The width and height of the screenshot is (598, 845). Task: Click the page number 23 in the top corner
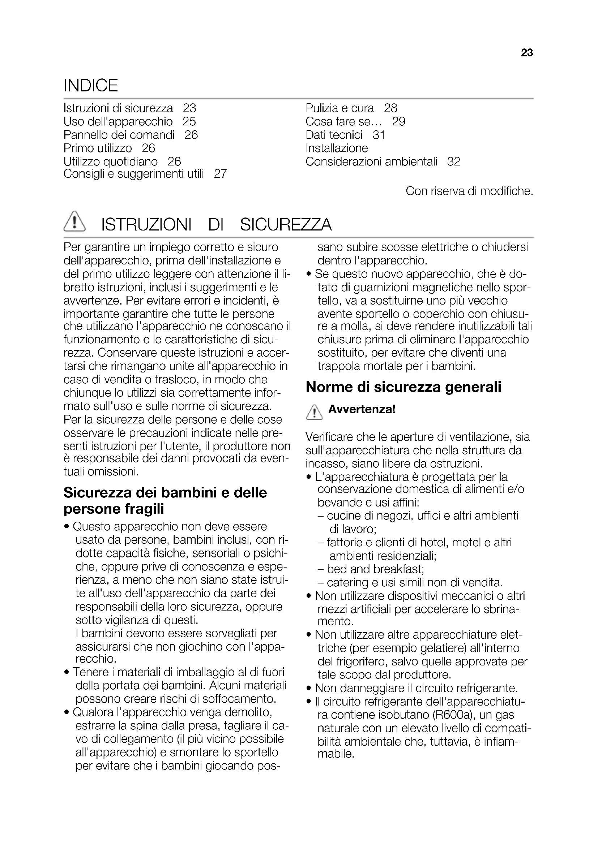pyautogui.click(x=527, y=53)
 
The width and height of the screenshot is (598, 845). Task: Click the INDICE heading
pyautogui.click(x=91, y=85)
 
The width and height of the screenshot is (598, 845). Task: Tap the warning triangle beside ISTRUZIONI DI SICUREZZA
pyautogui.click(x=74, y=222)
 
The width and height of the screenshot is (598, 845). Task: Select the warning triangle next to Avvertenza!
pyautogui.click(x=314, y=412)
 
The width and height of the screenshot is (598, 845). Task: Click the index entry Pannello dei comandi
pyautogui.click(x=119, y=135)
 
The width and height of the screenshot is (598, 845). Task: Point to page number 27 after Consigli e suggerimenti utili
pyautogui.click(x=220, y=174)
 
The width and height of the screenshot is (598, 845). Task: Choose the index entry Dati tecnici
pyautogui.click(x=334, y=135)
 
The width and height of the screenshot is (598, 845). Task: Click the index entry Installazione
pyautogui.click(x=337, y=148)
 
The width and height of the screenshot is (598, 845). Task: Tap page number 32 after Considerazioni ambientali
pyautogui.click(x=454, y=161)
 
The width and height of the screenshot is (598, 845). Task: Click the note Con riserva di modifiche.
pyautogui.click(x=469, y=191)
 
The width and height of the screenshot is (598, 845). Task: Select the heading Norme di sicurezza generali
pyautogui.click(x=403, y=387)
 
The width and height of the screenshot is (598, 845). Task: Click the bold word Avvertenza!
pyautogui.click(x=362, y=409)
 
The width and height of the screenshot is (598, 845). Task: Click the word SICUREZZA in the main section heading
pyautogui.click(x=286, y=225)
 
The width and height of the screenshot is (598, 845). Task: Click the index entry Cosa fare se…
pyautogui.click(x=343, y=122)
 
